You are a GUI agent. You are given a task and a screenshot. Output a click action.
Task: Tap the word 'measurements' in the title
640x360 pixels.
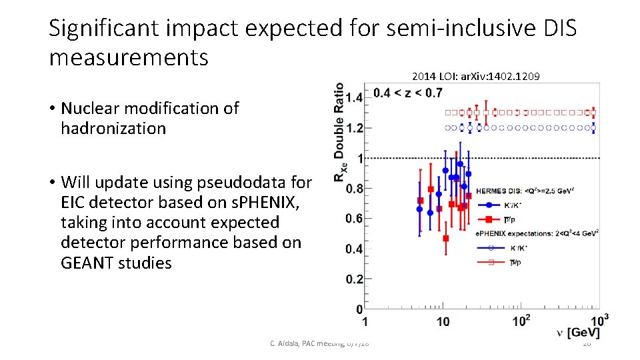[129, 57]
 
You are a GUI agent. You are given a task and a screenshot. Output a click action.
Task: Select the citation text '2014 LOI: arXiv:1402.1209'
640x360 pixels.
[476, 76]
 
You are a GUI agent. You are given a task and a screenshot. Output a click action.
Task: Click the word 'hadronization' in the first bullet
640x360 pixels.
[113, 128]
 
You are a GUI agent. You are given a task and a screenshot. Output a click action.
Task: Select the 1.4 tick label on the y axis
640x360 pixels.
[353, 97]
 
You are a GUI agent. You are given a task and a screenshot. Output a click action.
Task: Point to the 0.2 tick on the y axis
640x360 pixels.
[353, 279]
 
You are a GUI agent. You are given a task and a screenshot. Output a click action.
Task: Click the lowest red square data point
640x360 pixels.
[445, 238]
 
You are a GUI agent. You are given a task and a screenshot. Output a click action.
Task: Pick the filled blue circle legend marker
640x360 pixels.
[490, 205]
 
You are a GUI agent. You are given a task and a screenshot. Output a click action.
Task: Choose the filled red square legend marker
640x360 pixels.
[490, 219]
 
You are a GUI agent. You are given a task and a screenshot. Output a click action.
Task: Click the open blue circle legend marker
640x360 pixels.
[490, 247]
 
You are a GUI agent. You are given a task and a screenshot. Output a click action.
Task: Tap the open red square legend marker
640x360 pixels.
[490, 262]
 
